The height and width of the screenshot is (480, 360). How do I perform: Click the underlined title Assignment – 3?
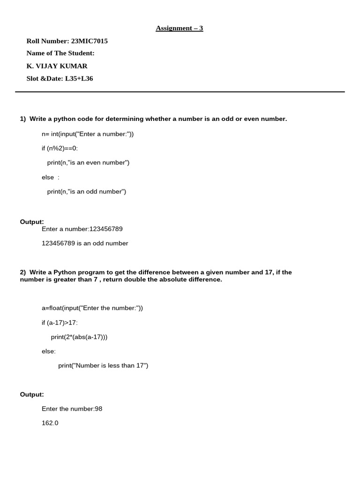180,29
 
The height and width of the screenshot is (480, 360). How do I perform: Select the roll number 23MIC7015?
89,41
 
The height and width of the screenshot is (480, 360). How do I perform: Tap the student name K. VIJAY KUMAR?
57,66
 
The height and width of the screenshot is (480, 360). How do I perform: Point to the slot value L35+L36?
79,79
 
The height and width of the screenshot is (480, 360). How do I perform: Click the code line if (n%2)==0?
60,148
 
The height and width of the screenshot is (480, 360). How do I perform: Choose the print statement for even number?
88,163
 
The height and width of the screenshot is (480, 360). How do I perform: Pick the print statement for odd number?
87,191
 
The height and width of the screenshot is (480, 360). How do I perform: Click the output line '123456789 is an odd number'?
85,243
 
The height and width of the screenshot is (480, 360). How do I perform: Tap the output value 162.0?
50,423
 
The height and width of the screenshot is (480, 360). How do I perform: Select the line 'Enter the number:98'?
72,409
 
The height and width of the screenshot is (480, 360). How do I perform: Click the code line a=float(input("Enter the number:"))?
92,308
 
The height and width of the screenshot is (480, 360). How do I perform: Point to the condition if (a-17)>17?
60,322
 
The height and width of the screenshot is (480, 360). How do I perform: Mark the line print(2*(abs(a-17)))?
79,337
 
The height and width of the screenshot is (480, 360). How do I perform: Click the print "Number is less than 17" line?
103,366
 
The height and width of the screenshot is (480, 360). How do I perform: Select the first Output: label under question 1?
32,222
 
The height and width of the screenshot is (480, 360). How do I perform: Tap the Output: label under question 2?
32,395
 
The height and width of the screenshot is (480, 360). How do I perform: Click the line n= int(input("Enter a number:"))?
88,134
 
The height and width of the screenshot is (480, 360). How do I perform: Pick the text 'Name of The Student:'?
60,53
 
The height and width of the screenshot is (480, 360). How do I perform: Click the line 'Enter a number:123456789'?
82,229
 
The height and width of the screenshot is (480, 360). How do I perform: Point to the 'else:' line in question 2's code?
49,351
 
